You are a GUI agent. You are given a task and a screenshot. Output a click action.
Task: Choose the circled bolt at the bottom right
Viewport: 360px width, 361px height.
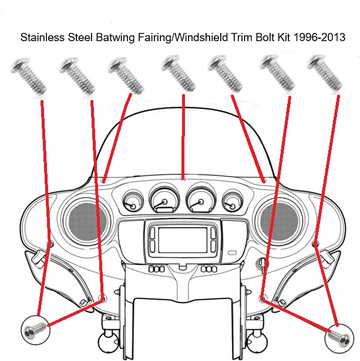click(338, 336)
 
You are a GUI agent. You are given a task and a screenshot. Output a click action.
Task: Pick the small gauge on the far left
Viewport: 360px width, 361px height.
click(132, 203)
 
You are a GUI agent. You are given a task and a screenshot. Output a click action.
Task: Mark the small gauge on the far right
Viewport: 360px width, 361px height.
click(233, 203)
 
